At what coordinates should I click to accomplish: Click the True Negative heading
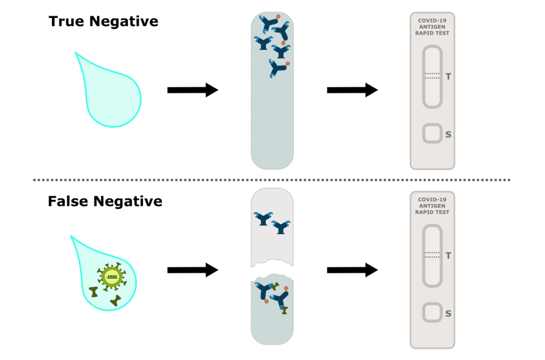click(104, 22)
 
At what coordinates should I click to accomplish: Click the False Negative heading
click(105, 201)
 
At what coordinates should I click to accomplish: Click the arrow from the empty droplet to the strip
click(192, 90)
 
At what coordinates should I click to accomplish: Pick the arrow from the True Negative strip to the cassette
click(352, 90)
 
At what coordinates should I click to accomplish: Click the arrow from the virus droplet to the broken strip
click(192, 270)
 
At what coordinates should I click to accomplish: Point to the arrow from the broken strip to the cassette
click(352, 270)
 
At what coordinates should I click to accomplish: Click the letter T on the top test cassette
click(448, 76)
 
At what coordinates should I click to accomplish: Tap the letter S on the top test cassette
click(448, 134)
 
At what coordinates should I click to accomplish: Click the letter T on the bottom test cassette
click(448, 256)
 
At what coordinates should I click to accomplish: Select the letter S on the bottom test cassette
click(448, 313)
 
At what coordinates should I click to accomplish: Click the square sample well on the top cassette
click(432, 133)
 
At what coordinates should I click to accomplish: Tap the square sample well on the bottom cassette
click(432, 313)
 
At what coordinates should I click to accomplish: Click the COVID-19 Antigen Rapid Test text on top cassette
click(432, 27)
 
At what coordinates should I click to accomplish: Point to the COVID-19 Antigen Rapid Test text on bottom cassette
click(432, 206)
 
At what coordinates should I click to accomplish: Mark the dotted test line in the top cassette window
click(432, 76)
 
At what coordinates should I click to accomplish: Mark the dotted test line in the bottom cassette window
click(432, 255)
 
